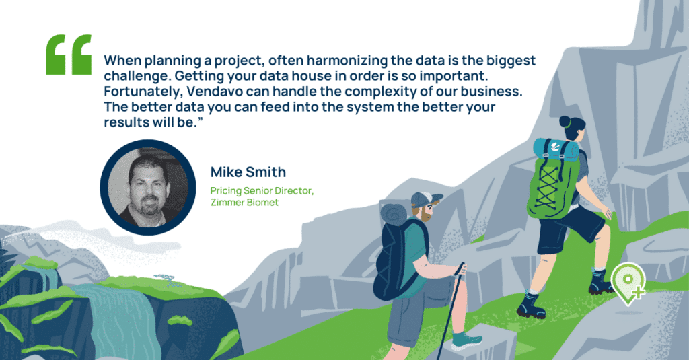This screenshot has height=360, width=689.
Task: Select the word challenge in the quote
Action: coord(133,75)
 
